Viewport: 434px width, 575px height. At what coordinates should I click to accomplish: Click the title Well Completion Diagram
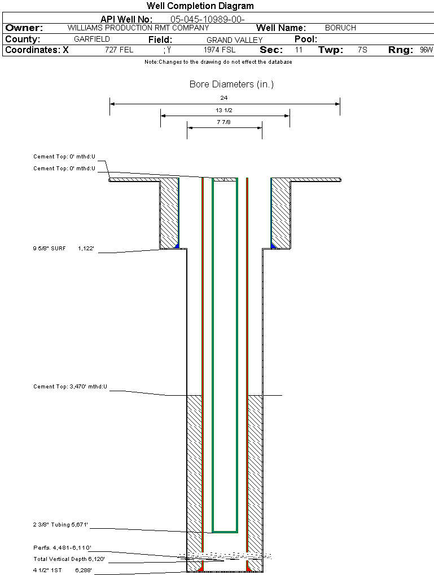[200, 6]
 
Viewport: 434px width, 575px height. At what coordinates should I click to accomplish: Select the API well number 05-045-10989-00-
[207, 19]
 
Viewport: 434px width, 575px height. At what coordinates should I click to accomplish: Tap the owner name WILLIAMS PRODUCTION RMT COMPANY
[138, 28]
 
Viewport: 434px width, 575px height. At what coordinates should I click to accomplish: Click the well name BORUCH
[340, 28]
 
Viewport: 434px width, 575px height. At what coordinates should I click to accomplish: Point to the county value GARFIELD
[92, 39]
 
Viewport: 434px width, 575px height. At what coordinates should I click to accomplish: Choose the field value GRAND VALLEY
[234, 40]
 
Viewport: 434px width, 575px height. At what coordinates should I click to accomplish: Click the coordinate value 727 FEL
[119, 50]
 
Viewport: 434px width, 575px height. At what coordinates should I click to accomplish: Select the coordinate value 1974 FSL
[220, 50]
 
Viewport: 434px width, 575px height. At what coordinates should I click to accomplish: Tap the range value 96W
[426, 50]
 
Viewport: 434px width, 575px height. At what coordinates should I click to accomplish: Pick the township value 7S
[362, 50]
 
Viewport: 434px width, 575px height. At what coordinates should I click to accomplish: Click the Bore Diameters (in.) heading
[231, 85]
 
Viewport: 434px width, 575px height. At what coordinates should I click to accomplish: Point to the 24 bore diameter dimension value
[224, 98]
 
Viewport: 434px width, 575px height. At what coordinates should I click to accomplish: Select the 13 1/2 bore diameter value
[224, 110]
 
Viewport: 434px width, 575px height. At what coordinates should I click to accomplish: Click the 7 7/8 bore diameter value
[224, 122]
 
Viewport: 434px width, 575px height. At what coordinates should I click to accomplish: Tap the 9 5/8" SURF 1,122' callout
[65, 248]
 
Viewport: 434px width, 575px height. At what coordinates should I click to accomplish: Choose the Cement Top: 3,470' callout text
[70, 387]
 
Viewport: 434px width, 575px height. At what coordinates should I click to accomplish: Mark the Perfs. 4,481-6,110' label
[62, 547]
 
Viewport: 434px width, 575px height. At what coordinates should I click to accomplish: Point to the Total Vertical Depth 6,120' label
[69, 559]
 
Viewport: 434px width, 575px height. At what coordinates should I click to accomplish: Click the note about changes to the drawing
[218, 62]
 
